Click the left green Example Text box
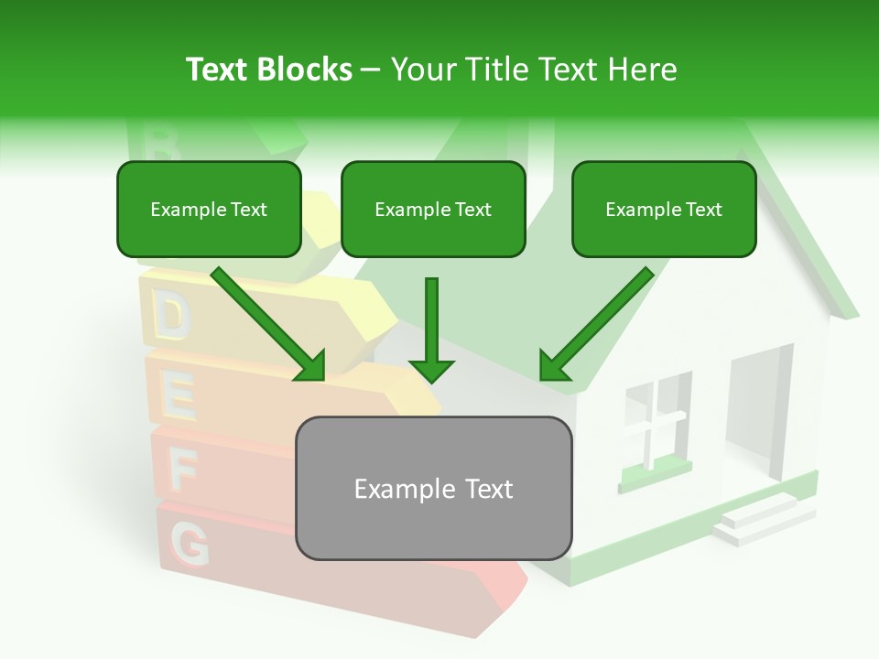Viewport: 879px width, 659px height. [x=209, y=210]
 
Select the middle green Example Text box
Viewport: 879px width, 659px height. [x=433, y=210]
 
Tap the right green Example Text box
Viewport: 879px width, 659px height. [x=664, y=210]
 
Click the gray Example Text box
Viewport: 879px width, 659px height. [x=433, y=489]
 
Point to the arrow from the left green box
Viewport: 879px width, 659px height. [x=270, y=325]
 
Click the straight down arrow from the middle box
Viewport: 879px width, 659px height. [x=431, y=329]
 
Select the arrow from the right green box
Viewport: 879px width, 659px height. [x=595, y=325]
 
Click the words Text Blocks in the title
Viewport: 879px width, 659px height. [x=268, y=69]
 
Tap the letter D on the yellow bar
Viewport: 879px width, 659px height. [x=170, y=316]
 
